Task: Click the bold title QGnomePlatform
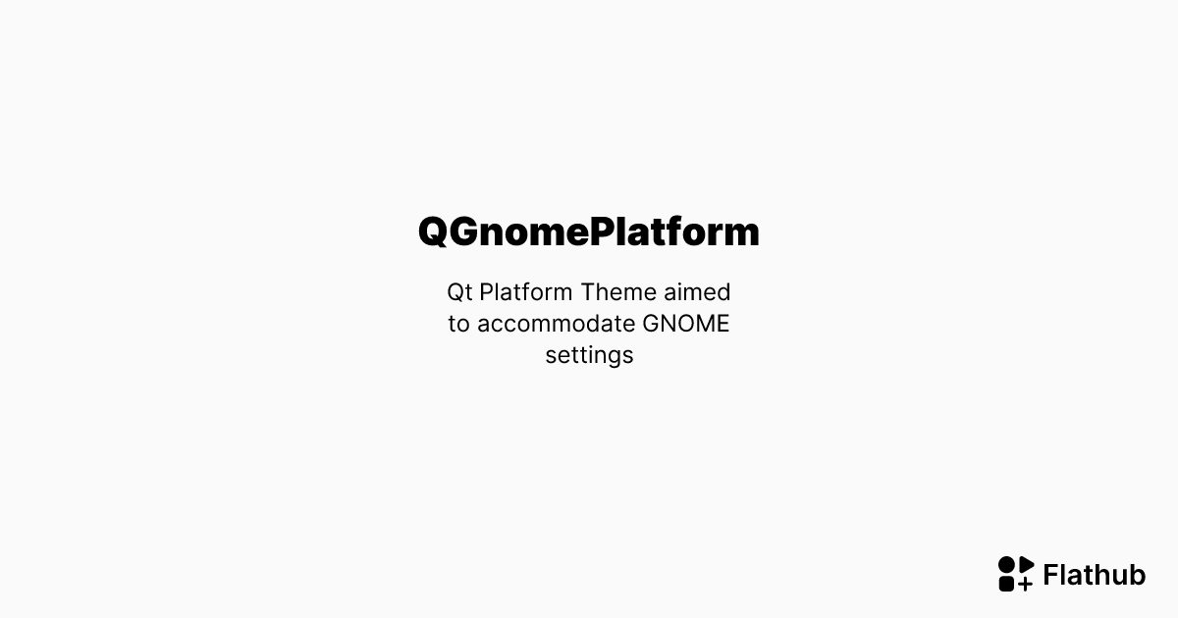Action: point(589,232)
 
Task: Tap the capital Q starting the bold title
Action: point(434,232)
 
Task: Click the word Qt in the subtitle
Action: point(459,292)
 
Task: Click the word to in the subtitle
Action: point(458,324)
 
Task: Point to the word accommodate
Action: point(556,324)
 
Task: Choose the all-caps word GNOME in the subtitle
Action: point(686,324)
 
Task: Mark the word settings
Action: point(589,355)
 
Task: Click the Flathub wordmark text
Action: point(1094,575)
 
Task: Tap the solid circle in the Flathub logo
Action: point(1007,565)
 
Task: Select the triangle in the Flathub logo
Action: point(1026,565)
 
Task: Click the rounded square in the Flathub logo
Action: point(1007,584)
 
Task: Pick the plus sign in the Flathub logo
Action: point(1026,584)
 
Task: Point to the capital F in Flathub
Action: point(1051,575)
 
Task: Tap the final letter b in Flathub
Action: point(1137,575)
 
